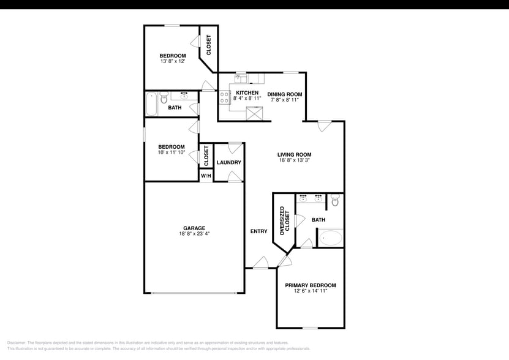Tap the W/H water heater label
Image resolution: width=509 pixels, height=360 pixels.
click(206, 176)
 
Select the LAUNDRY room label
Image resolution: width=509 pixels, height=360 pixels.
click(228, 162)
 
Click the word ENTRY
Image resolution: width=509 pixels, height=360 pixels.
click(258, 231)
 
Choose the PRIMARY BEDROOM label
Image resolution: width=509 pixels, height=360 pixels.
click(310, 285)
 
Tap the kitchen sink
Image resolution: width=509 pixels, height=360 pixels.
click(241, 78)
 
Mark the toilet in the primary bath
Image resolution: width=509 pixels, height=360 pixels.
click(334, 200)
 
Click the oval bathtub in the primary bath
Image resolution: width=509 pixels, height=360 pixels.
click(331, 238)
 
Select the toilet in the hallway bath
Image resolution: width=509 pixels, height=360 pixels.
click(164, 98)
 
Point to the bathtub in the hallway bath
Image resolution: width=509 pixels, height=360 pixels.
click(151, 103)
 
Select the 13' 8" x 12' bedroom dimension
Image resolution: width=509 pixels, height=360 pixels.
click(173, 61)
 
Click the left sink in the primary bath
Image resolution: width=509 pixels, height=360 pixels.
click(303, 198)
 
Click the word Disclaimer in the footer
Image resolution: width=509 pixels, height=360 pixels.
click(17, 343)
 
